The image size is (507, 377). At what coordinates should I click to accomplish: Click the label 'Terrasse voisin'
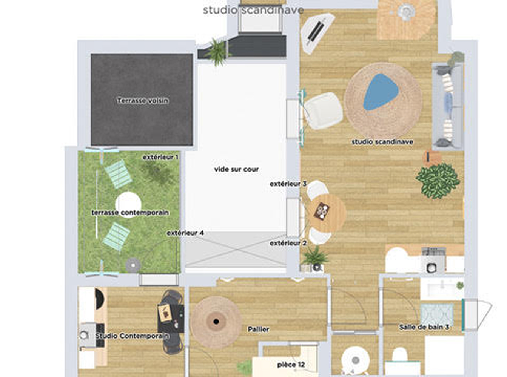tap(143, 101)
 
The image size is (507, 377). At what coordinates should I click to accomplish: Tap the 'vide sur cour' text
tap(236, 169)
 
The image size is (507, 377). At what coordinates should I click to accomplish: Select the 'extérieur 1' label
tap(160, 157)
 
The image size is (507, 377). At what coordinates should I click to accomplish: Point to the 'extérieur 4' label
tap(185, 233)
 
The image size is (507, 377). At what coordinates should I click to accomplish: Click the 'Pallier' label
tap(258, 329)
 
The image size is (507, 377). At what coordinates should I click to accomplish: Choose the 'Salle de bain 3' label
tap(424, 327)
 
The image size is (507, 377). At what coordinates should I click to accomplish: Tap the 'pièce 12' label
tap(291, 365)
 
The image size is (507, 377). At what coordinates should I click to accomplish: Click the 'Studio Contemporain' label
tap(132, 336)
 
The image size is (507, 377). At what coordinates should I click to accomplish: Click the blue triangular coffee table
tap(381, 92)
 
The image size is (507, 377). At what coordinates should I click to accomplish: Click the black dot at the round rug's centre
tap(216, 322)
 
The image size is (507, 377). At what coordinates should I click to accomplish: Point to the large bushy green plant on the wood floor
tap(438, 181)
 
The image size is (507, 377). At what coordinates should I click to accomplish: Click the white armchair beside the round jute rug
tap(324, 111)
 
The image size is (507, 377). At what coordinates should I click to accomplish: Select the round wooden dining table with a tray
tap(326, 213)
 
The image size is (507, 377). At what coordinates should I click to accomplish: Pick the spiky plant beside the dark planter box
tap(217, 52)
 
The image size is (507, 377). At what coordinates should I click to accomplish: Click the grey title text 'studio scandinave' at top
tap(253, 10)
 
